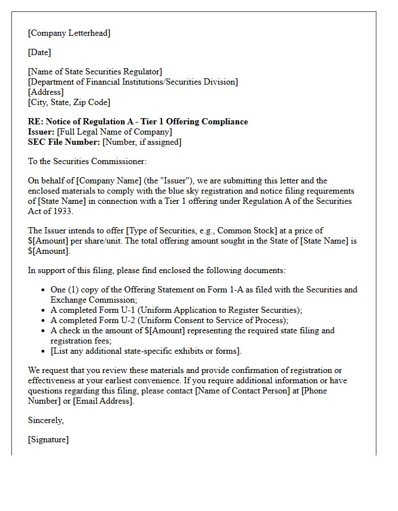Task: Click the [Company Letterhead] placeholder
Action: tap(69, 33)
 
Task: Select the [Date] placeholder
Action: tap(39, 53)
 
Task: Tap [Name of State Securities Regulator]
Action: tap(95, 72)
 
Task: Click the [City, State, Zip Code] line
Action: tap(69, 102)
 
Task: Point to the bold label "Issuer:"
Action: tap(41, 132)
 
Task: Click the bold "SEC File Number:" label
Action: tap(64, 142)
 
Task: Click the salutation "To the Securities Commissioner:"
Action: tap(87, 162)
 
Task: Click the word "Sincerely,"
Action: tap(45, 420)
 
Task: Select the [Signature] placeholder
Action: tap(48, 439)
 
